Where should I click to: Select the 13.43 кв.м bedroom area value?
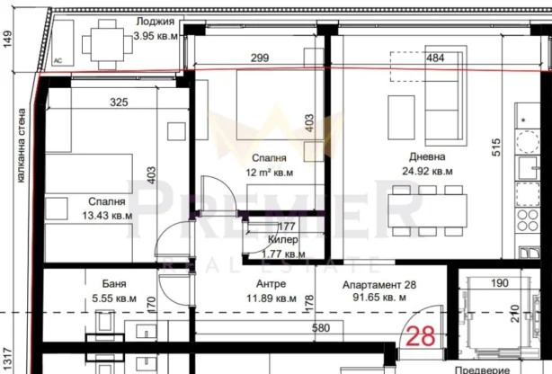(107, 216)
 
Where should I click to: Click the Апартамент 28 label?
(378, 283)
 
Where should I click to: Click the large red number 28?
(421, 338)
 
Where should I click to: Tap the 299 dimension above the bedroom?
(260, 58)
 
